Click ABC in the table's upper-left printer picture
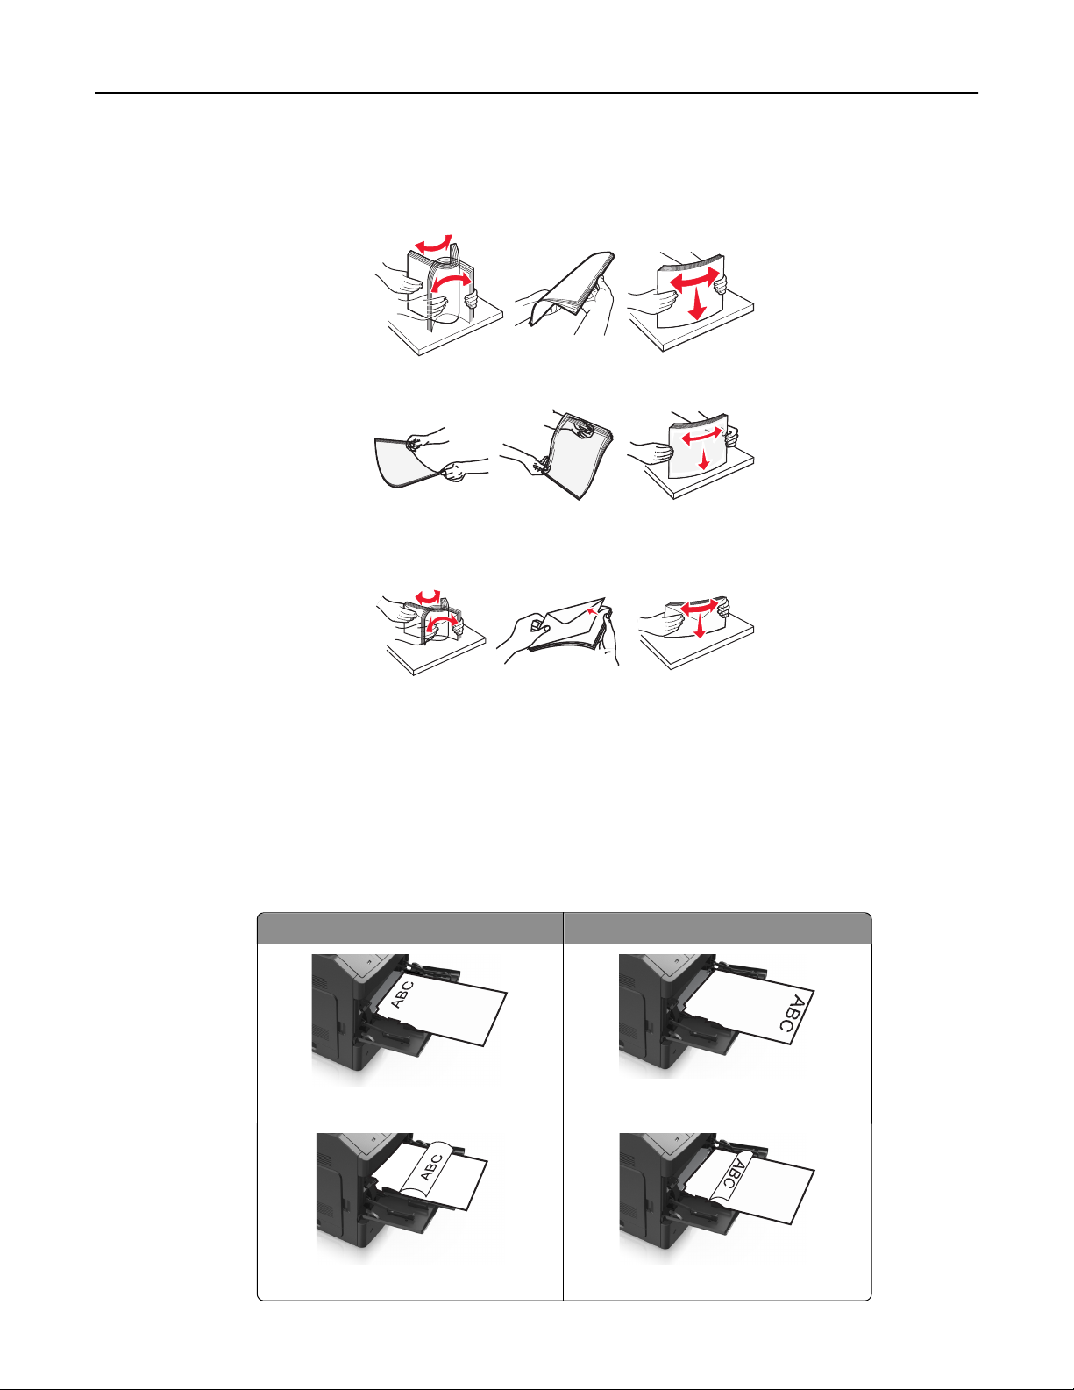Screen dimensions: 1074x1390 point(402,994)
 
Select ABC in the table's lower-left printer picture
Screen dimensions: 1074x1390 point(430,1168)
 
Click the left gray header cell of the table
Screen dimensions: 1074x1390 point(409,928)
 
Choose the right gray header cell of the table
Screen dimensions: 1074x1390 point(717,928)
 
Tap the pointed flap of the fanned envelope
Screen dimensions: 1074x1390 point(573,613)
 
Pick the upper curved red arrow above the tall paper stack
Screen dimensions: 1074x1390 point(433,245)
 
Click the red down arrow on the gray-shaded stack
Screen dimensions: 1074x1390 point(704,459)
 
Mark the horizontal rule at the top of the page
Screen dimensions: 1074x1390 point(537,93)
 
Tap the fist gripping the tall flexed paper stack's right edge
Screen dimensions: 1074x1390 point(471,299)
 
